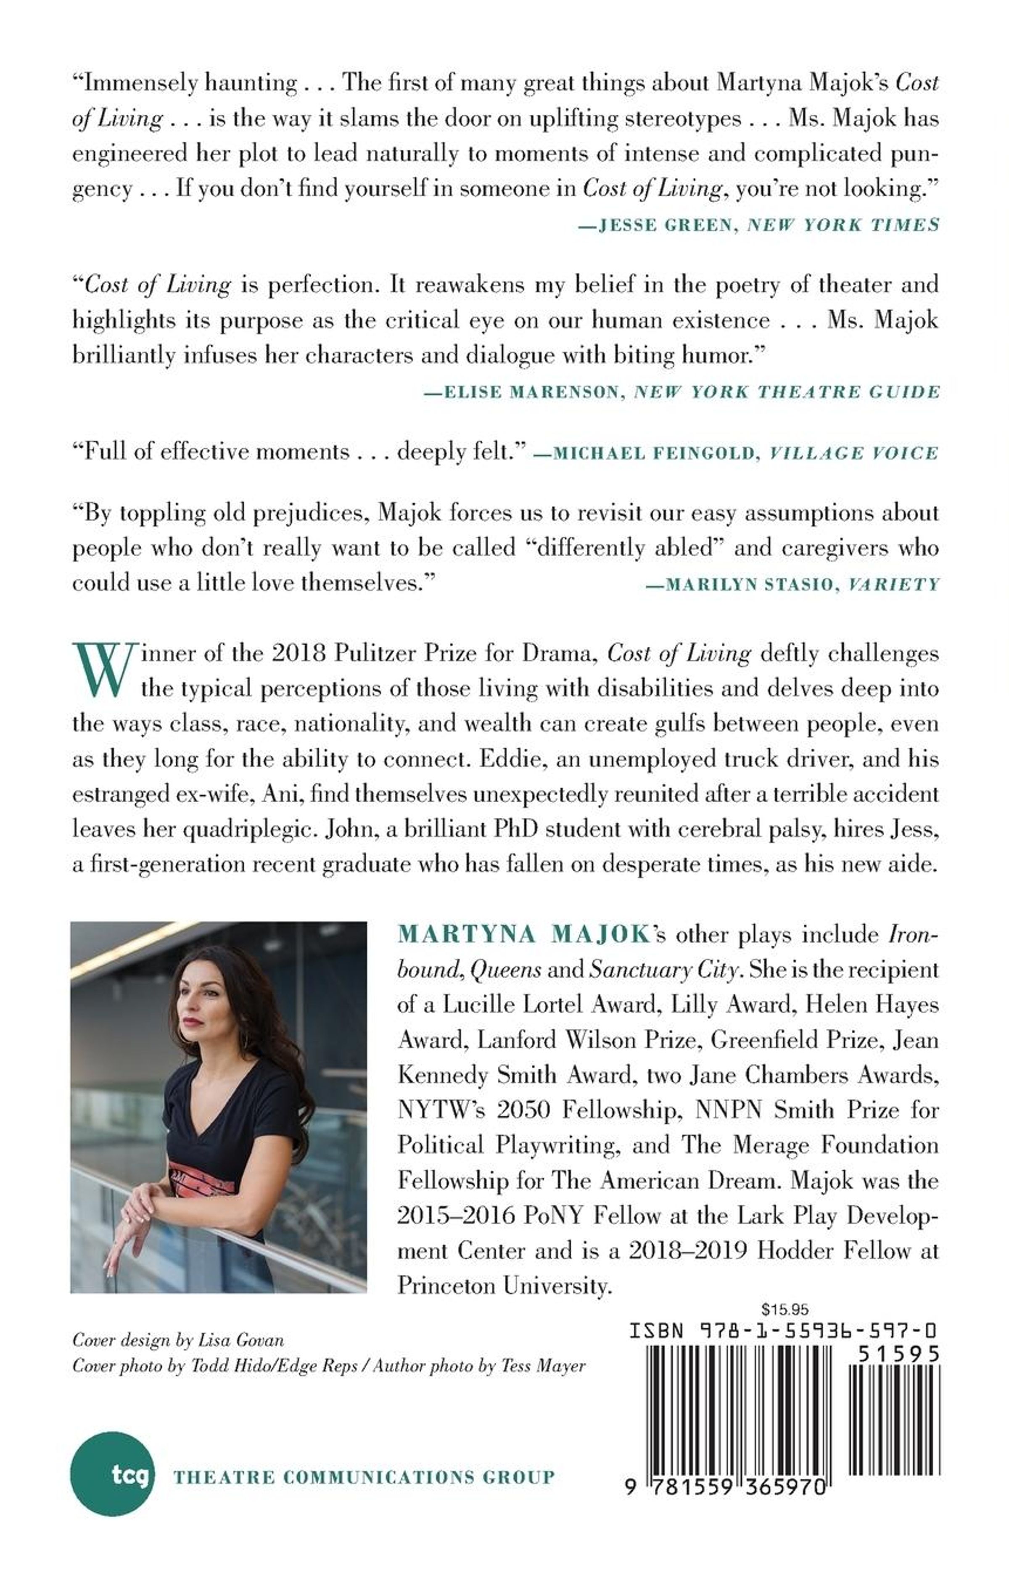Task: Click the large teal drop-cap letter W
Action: [103, 669]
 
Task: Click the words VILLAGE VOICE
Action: [853, 453]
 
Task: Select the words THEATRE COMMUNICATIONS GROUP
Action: [364, 1477]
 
